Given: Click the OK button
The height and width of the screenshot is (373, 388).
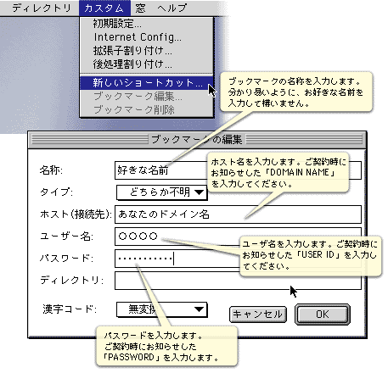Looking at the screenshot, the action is coord(323,315).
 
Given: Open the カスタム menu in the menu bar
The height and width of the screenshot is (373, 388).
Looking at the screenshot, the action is coord(104,8).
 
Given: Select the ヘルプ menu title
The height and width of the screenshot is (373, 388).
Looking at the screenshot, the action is coord(172,8).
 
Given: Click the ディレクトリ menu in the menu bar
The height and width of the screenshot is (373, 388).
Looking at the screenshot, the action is coord(42,8).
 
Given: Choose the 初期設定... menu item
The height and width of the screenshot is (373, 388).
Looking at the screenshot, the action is coord(117,24).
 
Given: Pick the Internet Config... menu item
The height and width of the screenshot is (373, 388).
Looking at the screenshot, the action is coord(138,37).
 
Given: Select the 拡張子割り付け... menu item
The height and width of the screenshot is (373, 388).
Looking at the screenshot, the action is coord(132,51).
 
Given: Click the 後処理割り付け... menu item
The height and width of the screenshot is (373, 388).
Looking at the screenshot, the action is coord(132,64).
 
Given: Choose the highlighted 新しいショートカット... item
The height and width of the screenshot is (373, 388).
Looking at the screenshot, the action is coord(147,82).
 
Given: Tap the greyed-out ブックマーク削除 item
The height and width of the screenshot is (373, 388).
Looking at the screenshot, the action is coord(134,109).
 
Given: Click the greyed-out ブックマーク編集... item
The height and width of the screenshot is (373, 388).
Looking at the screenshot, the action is coord(138,96).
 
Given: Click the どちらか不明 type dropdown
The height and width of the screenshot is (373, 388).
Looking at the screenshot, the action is coord(161,192).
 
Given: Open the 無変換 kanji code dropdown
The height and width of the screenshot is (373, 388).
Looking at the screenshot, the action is coord(161,309).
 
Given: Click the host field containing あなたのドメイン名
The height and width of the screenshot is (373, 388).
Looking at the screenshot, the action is coord(238,214).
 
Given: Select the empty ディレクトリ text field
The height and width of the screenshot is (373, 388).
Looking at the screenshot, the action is coord(238,281).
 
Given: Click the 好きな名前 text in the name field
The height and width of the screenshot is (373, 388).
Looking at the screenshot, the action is coord(143,170).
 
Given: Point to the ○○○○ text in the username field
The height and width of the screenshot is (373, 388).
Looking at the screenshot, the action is coord(138,236).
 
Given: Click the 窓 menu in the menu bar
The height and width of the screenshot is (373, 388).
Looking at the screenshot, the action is coord(140,8).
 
